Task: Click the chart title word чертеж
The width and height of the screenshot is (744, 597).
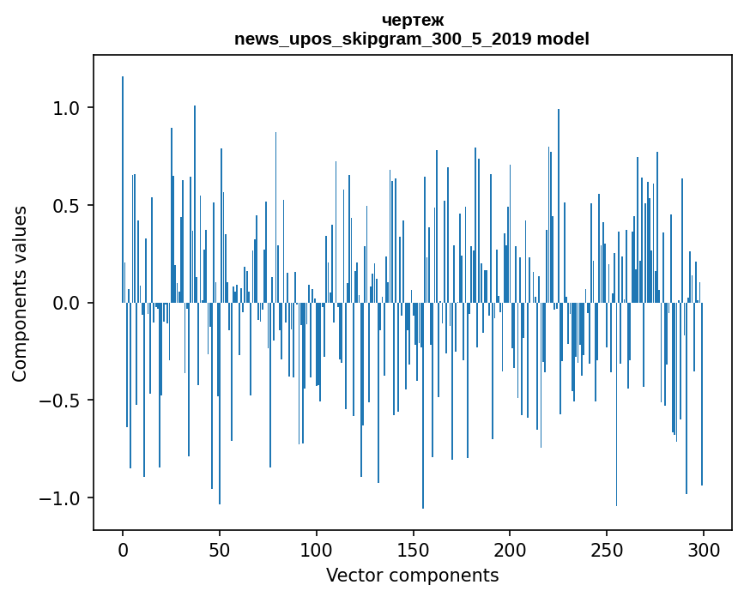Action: [412, 21]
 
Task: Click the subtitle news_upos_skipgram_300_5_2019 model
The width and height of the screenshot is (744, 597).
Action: [412, 39]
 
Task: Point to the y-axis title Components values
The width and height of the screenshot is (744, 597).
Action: [20, 293]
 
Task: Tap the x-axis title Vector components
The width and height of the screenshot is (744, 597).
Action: [412, 575]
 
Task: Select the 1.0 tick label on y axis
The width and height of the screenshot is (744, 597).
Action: [66, 108]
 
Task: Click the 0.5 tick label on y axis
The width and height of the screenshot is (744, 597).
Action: [66, 206]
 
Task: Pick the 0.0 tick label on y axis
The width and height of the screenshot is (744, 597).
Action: [66, 303]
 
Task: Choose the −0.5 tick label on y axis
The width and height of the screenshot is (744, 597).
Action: [60, 401]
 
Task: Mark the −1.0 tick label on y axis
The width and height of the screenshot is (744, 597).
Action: [60, 498]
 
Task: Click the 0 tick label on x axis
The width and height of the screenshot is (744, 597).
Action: [123, 548]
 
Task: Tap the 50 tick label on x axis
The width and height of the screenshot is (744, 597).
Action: [220, 548]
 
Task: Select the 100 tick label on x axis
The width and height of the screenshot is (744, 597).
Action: [317, 548]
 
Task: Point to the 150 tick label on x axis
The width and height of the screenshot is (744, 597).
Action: [413, 548]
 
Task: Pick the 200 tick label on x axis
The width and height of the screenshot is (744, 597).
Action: [510, 548]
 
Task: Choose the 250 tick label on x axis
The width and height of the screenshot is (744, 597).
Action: [607, 548]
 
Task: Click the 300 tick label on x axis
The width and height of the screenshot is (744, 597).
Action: [704, 548]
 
